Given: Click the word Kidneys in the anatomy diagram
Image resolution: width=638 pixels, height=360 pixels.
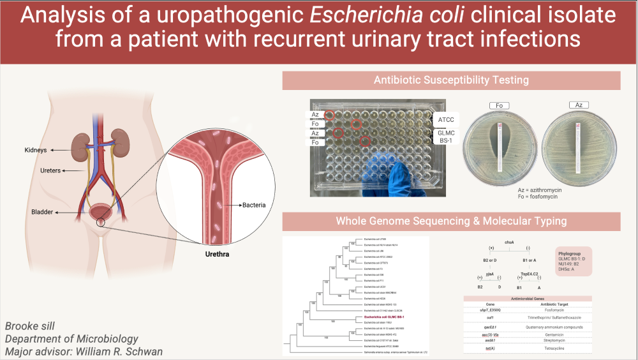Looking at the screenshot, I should pyautogui.click(x=37, y=150).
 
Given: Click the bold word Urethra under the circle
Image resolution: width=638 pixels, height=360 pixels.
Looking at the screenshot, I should pyautogui.click(x=215, y=253).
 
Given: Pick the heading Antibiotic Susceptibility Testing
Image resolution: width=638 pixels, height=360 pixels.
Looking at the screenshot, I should pyautogui.click(x=451, y=80).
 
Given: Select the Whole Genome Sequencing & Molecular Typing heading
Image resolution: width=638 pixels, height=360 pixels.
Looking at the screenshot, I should pyautogui.click(x=451, y=221).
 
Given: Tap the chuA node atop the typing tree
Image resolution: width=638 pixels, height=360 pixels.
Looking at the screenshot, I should pyautogui.click(x=509, y=243).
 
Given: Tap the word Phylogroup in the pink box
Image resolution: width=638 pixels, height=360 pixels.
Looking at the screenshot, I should pyautogui.click(x=572, y=253).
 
